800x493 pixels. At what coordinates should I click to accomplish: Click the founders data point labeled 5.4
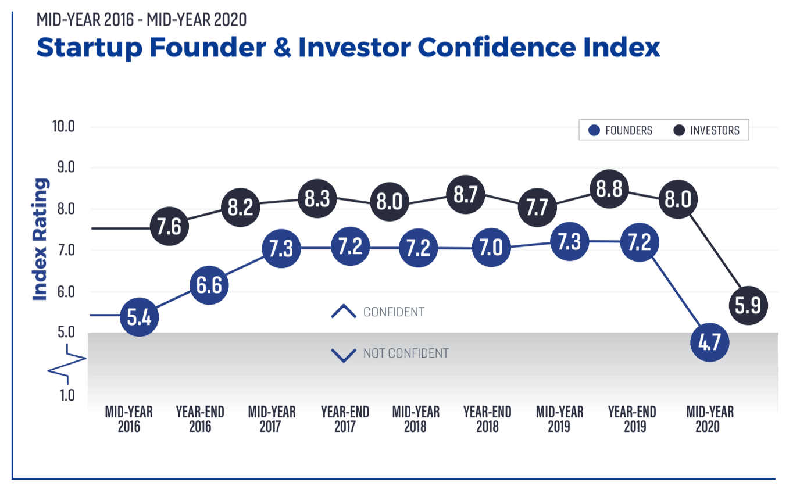tap(140, 317)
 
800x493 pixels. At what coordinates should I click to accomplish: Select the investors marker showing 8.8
tap(609, 188)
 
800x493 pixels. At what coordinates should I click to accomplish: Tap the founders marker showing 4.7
tap(710, 342)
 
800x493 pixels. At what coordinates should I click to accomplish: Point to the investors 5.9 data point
tap(748, 305)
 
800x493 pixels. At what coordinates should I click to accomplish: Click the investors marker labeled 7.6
tap(169, 226)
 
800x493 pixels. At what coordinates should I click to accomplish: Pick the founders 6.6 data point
tap(209, 285)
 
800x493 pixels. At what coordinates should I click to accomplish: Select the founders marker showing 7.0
tap(491, 247)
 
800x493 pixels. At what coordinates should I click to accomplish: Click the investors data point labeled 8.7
tap(466, 195)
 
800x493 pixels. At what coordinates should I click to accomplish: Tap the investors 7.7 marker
tap(537, 207)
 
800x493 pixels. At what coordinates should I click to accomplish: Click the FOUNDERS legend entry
tap(620, 130)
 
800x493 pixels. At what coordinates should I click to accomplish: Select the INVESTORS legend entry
tap(706, 130)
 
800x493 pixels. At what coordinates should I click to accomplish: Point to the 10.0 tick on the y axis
tap(63, 127)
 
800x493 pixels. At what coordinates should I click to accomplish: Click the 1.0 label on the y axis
tap(67, 395)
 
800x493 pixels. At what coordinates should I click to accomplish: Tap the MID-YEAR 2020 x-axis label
tap(710, 419)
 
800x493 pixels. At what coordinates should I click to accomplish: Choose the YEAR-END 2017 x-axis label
tap(345, 419)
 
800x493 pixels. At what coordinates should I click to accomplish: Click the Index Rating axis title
tap(40, 239)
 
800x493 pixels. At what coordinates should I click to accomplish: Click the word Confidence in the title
tap(497, 47)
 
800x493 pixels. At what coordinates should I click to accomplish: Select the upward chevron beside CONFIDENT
tap(344, 311)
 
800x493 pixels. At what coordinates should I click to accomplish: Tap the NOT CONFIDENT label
tap(406, 353)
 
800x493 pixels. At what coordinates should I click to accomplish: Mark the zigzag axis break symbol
tap(67, 364)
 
